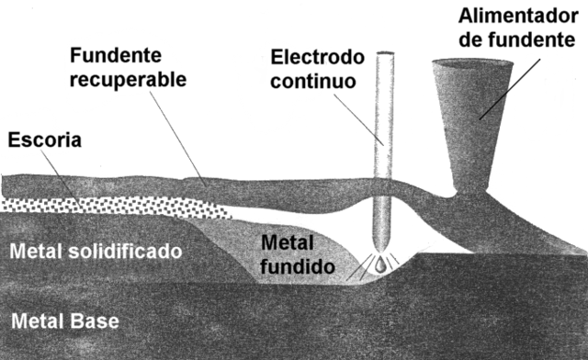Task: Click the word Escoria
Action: tap(45, 141)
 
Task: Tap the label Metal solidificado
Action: tap(94, 250)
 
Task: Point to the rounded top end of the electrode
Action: tap(383, 58)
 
